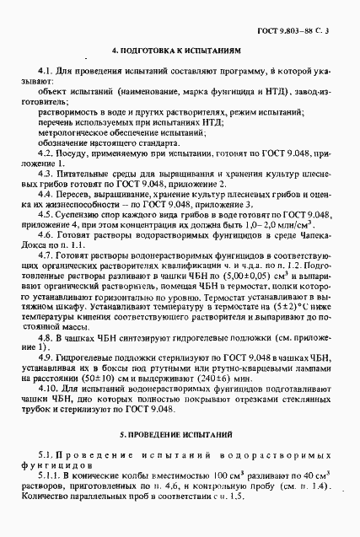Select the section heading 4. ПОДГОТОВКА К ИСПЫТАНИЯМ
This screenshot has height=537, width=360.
[x=180, y=50]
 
